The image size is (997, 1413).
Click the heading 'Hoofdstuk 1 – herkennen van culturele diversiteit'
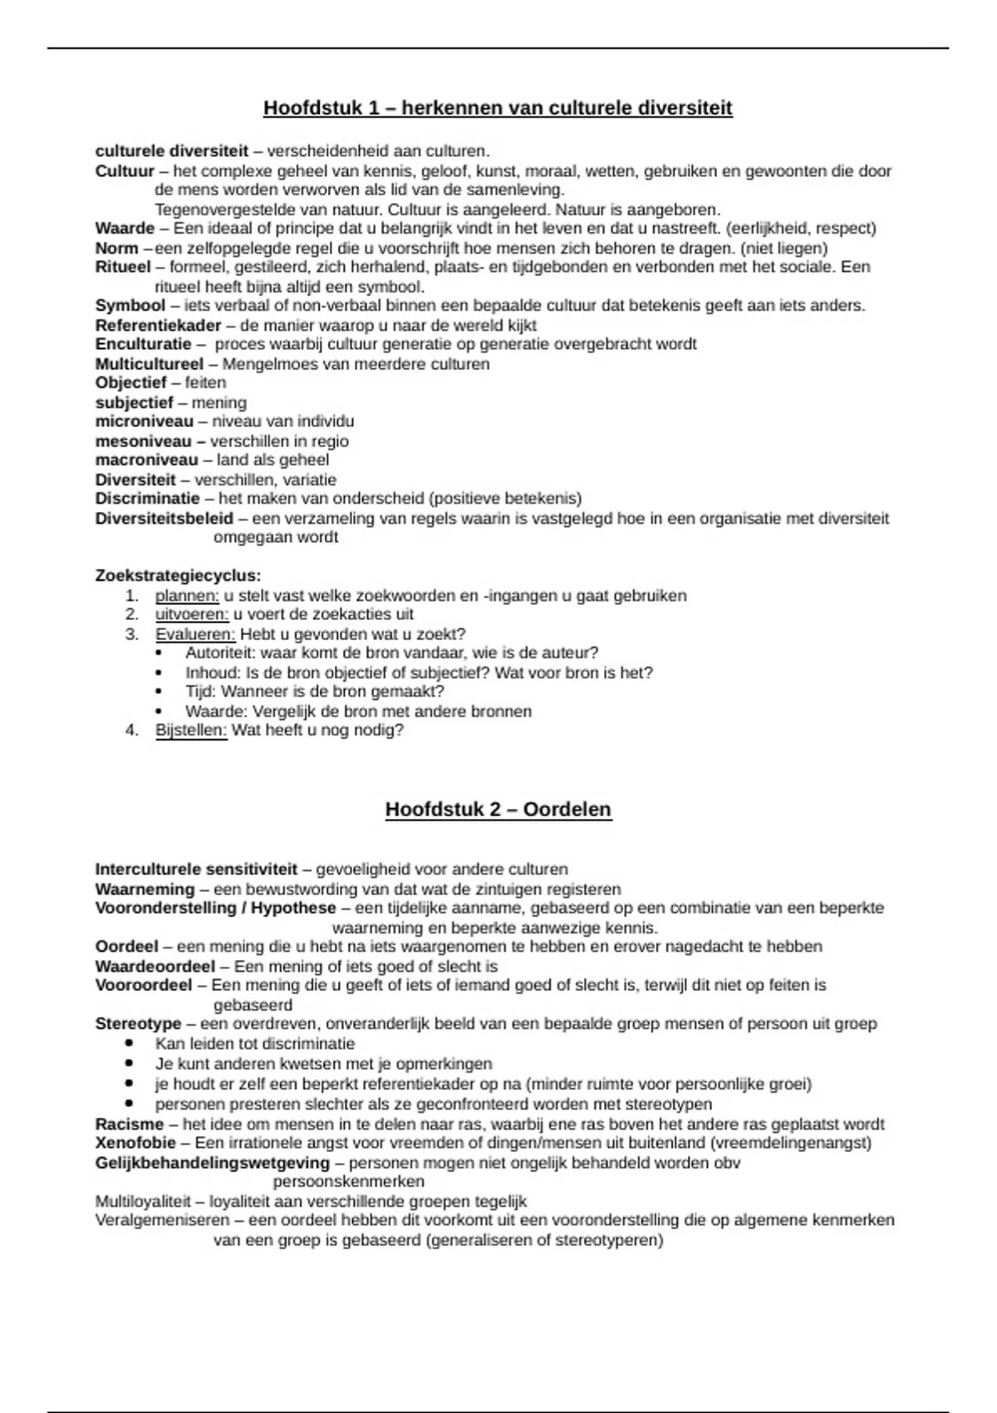[498, 108]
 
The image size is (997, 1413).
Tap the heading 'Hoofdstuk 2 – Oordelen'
[498, 810]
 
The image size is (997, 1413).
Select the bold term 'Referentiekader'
[158, 326]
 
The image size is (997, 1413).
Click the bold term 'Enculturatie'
[143, 345]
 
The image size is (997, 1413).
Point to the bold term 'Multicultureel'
[149, 364]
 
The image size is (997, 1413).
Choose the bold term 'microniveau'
[144, 421]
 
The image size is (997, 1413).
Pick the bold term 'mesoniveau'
[143, 441]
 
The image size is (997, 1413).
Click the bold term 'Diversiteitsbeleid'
[164, 519]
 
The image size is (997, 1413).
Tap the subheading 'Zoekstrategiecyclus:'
[178, 576]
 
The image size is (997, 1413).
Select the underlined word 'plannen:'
[187, 596]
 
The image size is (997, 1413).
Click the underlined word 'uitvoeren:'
[191, 615]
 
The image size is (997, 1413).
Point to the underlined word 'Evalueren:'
[195, 635]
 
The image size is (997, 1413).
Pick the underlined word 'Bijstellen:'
[191, 731]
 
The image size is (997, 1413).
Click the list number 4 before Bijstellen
[130, 731]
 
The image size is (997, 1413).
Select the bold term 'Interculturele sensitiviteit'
[196, 870]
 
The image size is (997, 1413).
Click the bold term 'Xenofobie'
[135, 1144]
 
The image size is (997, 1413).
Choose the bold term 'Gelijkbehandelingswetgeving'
[212, 1164]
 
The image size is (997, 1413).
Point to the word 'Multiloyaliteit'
[143, 1202]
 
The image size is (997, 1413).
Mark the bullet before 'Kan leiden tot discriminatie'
[130, 1044]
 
